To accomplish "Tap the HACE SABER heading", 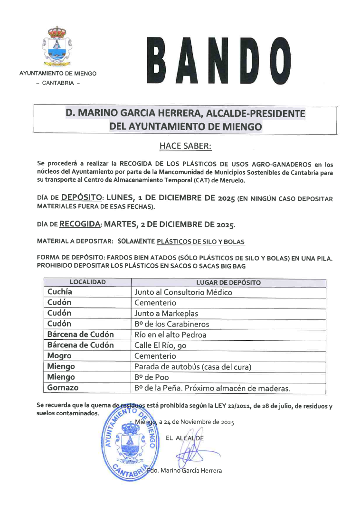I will [x=185, y=146].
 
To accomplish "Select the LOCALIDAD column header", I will [x=87, y=282].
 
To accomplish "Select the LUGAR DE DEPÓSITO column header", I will [x=228, y=282].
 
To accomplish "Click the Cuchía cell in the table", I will [x=60, y=292].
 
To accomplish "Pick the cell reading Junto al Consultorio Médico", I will [x=183, y=293].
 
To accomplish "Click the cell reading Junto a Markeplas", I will [x=166, y=314].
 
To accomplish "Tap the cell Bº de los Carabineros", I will [x=171, y=324].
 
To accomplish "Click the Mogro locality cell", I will [x=59, y=356].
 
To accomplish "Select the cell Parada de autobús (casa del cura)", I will [x=193, y=366].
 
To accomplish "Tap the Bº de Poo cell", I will [x=152, y=377].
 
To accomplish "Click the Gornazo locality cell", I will [x=63, y=388].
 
